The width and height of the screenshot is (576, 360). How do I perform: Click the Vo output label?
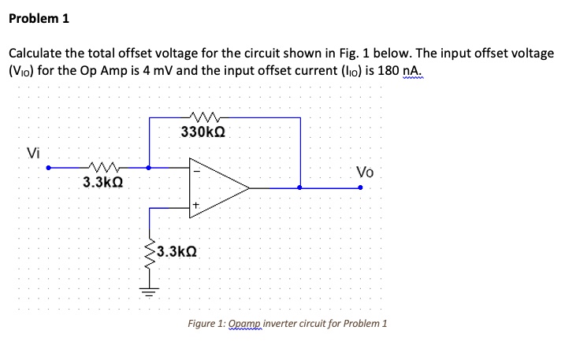click(x=365, y=173)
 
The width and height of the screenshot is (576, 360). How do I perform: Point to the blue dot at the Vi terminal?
click(x=48, y=167)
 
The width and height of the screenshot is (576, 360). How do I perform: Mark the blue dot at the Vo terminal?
click(x=361, y=187)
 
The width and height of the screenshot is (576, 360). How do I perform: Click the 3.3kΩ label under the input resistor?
click(x=102, y=183)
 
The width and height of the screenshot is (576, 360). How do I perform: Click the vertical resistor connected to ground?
click(x=150, y=253)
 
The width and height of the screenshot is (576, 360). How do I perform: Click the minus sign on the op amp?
click(x=198, y=167)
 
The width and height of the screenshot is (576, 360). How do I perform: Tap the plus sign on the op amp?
click(x=197, y=209)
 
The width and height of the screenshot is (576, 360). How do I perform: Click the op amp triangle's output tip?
click(x=249, y=187)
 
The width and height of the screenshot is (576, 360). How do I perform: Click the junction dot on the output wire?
click(x=300, y=187)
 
